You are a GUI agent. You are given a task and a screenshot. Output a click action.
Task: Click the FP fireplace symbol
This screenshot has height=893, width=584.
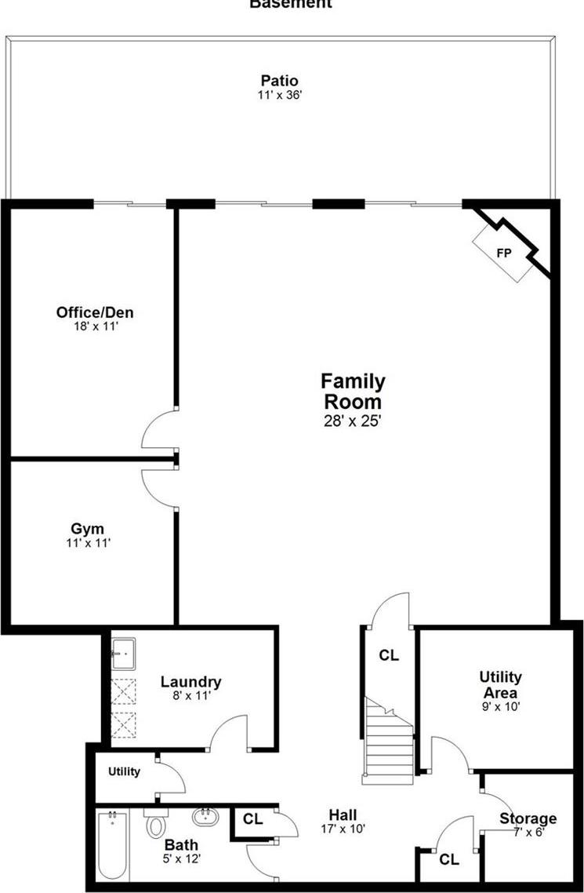pos(504,253)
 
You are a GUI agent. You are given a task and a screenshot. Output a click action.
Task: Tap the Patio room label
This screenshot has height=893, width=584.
pos(279,81)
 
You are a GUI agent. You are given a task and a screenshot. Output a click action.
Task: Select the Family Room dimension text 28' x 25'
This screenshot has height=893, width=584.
pos(353,421)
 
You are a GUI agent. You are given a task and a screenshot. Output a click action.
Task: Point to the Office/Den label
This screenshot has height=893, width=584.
pos(100,312)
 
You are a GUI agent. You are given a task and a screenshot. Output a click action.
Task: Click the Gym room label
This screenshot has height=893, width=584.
pos(87,529)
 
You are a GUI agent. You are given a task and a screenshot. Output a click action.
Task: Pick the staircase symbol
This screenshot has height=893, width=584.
pos(388,742)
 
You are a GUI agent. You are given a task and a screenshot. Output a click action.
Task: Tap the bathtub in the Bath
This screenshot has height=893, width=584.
pos(112,846)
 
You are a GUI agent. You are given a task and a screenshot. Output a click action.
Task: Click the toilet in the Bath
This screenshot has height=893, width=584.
pos(155,823)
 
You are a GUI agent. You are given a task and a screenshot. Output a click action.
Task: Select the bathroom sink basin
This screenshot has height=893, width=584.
pos(206,817)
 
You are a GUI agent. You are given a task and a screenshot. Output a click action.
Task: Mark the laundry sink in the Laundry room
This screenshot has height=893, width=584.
pos(123,652)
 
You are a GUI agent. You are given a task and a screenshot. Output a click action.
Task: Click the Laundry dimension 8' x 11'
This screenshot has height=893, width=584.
pos(191,694)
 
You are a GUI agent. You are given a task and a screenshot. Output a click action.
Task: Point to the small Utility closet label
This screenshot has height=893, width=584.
pos(124,771)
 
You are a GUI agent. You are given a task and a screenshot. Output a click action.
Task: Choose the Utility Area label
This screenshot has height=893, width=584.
pos(501,684)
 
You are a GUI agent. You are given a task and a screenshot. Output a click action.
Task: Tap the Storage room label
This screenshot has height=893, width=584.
pos(528,819)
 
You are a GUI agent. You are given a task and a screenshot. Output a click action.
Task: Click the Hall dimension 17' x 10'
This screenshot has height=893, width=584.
pos(343,828)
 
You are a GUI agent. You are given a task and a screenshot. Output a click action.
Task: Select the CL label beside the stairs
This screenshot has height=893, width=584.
pos(389,655)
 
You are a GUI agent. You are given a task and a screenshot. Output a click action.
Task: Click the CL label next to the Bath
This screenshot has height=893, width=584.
pos(252,819)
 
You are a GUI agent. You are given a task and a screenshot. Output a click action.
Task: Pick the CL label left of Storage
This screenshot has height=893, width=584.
pos(449,860)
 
